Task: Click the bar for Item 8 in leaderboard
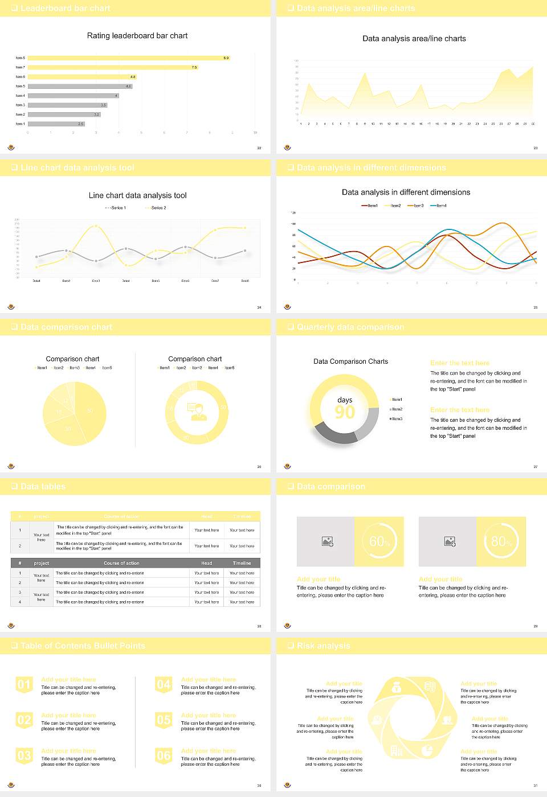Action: [x=128, y=58]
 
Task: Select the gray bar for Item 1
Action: [x=56, y=124]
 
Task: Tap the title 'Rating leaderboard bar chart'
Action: [x=137, y=35]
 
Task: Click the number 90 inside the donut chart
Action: [x=345, y=412]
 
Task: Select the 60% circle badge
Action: [x=379, y=541]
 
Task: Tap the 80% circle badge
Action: [x=501, y=541]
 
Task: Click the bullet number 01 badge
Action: [x=24, y=684]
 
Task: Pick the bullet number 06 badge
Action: [x=164, y=755]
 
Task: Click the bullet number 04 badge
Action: [x=164, y=684]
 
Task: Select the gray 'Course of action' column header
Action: [x=121, y=563]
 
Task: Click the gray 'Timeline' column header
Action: [x=242, y=563]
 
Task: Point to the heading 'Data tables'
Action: [x=43, y=486]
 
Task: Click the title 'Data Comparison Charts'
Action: [x=350, y=361]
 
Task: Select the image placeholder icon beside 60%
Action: [x=327, y=541]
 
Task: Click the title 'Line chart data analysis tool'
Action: [x=137, y=195]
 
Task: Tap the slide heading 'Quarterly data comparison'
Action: [x=350, y=327]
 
